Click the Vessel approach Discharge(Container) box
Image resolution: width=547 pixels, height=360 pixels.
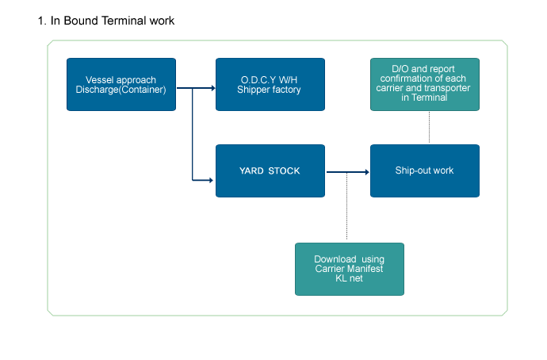pyautogui.click(x=121, y=84)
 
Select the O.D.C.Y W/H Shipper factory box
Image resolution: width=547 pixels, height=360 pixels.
pyautogui.click(x=270, y=84)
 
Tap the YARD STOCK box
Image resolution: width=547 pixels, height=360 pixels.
pyautogui.click(x=270, y=171)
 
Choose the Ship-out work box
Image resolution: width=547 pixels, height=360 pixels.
pyautogui.click(x=425, y=171)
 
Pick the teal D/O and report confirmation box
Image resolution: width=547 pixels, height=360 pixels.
pyautogui.click(x=425, y=84)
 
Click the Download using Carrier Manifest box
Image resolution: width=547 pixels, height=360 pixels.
pyautogui.click(x=350, y=270)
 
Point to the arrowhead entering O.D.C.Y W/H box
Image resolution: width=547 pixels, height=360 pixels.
pyautogui.click(x=213, y=88)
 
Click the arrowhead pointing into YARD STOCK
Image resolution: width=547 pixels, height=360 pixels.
pyautogui.click(x=211, y=180)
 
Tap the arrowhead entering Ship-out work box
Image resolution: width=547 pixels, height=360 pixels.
pyautogui.click(x=367, y=172)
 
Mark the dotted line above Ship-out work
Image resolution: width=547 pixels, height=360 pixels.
pyautogui.click(x=429, y=128)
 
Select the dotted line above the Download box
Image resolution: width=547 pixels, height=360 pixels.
pyautogui.click(x=346, y=206)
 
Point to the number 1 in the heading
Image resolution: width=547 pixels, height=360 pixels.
pyautogui.click(x=40, y=21)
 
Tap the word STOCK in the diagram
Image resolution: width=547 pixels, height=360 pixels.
pyautogui.click(x=284, y=171)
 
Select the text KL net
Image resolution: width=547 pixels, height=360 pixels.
pyautogui.click(x=349, y=278)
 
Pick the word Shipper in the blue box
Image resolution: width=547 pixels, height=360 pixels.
pyautogui.click(x=253, y=90)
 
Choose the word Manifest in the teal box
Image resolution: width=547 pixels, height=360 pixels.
pyautogui.click(x=366, y=269)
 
